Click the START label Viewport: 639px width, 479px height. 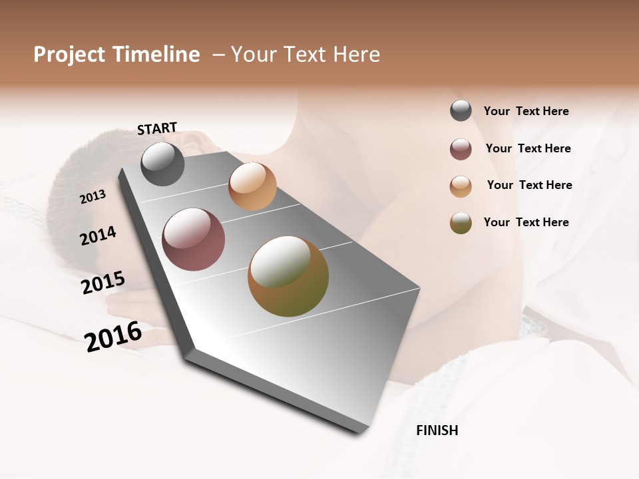pos(157,128)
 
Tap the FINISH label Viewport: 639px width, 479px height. pos(437,430)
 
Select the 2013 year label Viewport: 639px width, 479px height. pos(93,196)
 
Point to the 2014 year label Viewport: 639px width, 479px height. pos(98,236)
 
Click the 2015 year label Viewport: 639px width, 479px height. pos(103,283)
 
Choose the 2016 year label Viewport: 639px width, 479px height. pos(113,337)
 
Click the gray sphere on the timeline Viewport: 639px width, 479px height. pos(162,164)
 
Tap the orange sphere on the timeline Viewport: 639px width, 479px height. pos(252,186)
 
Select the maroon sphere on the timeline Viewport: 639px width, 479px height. pos(193,239)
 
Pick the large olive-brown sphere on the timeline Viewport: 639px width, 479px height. pos(288,276)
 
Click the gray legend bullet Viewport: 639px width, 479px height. pos(461,110)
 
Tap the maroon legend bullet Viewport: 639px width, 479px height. pos(461,149)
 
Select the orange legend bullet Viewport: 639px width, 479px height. pos(461,186)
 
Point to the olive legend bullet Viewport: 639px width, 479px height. pos(461,223)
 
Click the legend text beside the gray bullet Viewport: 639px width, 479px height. pos(526,111)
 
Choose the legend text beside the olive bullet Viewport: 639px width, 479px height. pos(526,222)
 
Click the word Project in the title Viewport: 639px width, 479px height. pos(70,55)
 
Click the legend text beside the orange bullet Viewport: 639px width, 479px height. pos(529,185)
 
